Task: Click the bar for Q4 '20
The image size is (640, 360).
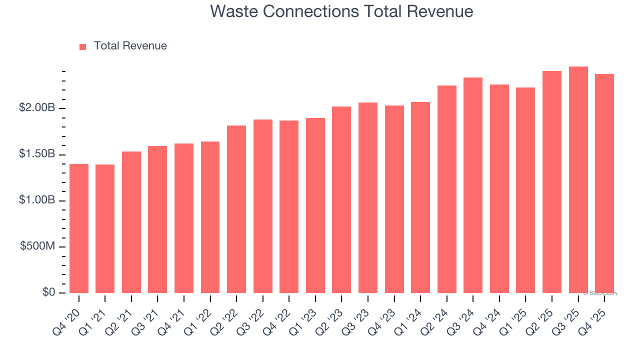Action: pos(79,228)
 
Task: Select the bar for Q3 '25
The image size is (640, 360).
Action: pos(578,180)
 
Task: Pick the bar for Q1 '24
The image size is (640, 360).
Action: pos(420,197)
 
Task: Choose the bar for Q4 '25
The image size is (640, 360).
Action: pos(604,183)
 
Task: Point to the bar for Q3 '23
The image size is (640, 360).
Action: pos(368,197)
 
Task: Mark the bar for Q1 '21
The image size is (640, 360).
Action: pos(105,228)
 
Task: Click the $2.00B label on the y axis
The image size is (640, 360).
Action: pos(37,108)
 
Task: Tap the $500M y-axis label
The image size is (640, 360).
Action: pos(37,246)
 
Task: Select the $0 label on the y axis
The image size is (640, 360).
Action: pos(48,292)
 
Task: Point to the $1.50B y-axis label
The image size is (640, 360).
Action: pos(37,154)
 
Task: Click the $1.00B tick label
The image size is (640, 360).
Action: pos(37,200)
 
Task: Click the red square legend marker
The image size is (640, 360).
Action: pos(83,46)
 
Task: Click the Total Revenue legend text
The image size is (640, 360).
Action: pos(130,46)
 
